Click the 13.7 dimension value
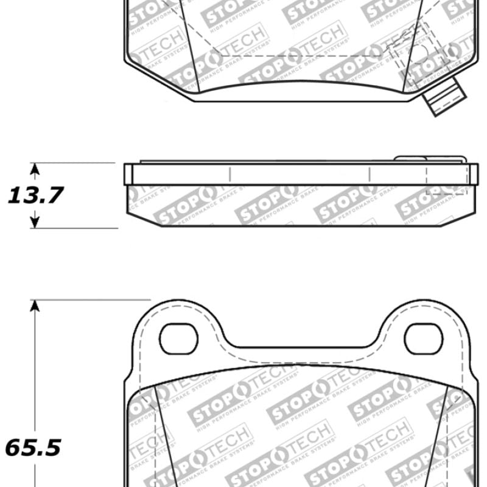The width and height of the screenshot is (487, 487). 35,195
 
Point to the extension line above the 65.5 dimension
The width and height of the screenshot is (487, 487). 91,300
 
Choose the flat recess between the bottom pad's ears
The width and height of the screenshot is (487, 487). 301,348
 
